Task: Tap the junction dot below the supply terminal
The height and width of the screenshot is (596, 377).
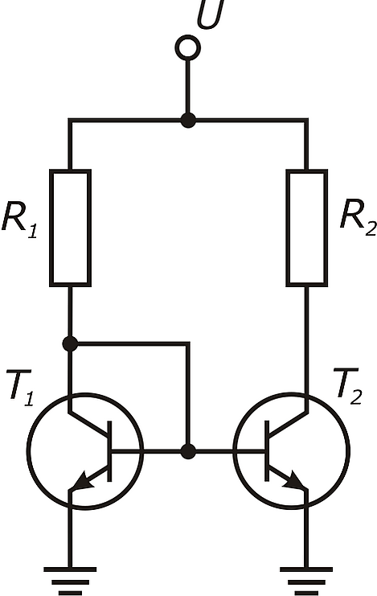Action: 188,120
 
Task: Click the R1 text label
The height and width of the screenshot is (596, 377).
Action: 20,220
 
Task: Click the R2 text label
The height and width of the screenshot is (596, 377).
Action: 358,218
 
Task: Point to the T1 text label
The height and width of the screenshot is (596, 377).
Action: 21,388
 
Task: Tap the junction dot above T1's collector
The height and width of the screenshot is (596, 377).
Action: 70,344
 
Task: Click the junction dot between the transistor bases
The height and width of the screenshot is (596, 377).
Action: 188,451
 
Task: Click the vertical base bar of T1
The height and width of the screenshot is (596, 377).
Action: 110,451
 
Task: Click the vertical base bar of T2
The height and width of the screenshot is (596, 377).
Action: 267,451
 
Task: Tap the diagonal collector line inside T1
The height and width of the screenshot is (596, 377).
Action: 89,423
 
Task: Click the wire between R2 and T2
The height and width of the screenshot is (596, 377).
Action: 307,340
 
